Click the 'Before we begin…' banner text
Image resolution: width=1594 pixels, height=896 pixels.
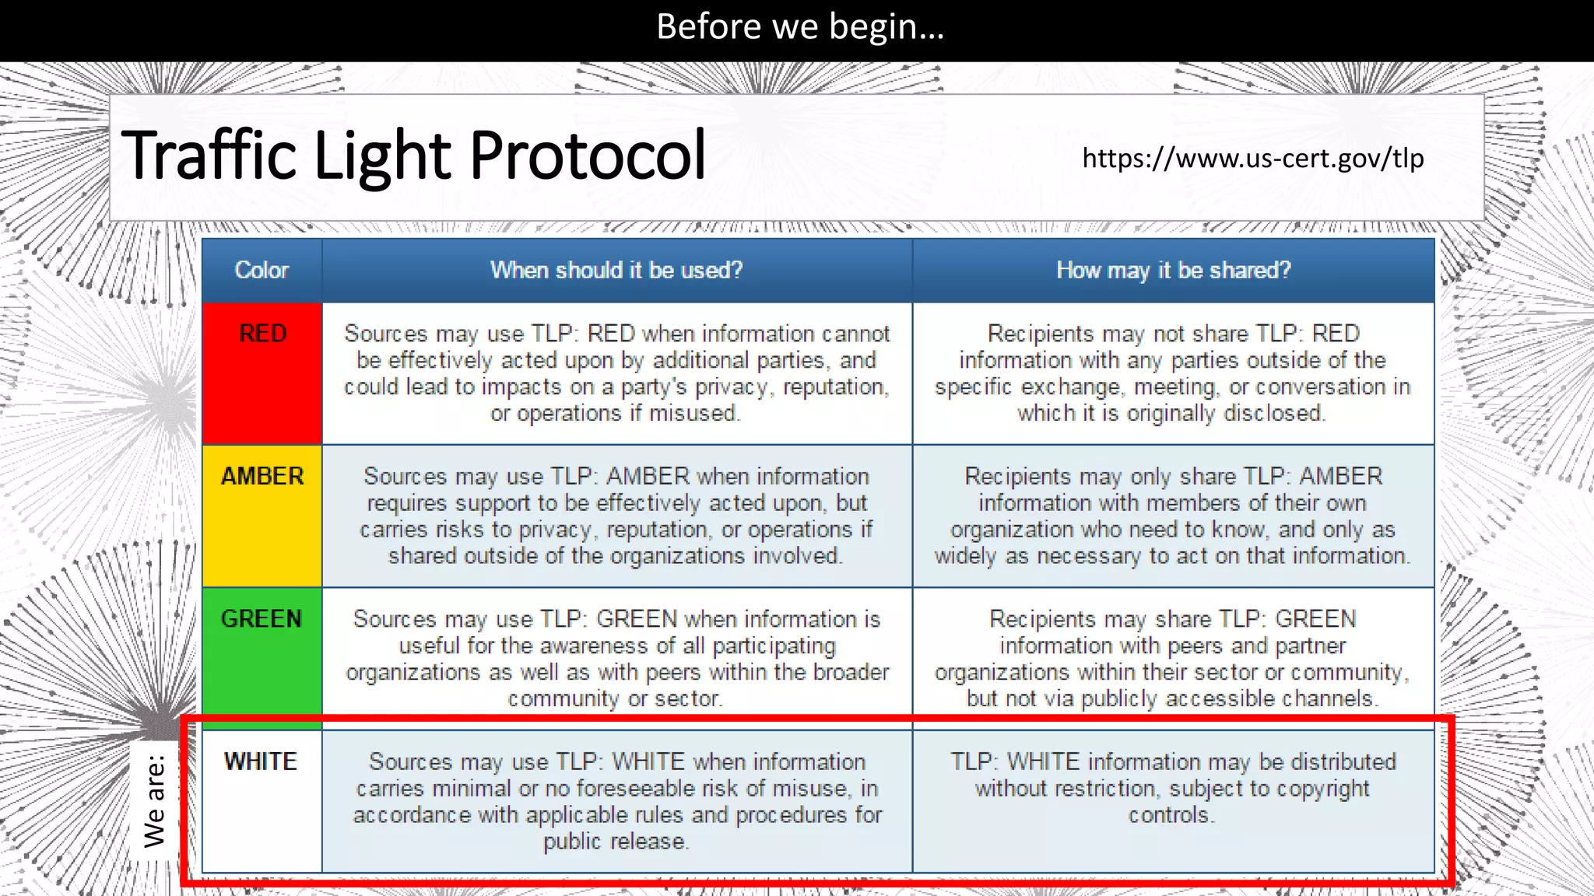[x=799, y=27]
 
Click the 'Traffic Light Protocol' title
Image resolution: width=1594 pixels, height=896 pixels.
[x=413, y=155]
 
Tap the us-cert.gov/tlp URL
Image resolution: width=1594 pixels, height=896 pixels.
[x=1252, y=159]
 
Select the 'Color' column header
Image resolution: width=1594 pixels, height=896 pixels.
[x=262, y=270]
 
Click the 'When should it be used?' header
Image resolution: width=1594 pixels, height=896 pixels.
[x=616, y=270]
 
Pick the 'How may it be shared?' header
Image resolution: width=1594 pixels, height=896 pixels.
[x=1173, y=270]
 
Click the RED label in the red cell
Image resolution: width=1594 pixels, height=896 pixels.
[x=263, y=334]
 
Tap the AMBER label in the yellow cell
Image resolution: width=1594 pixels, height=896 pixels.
[x=262, y=476]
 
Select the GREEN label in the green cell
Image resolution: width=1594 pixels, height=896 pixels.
[x=262, y=619]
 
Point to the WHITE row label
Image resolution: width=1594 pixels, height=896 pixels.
[x=261, y=761]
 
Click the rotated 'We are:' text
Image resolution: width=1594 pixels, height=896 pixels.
[x=155, y=801]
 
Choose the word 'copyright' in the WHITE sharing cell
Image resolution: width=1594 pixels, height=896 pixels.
[x=1322, y=789]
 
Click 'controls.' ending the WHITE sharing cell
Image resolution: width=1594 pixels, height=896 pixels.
[x=1171, y=815]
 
